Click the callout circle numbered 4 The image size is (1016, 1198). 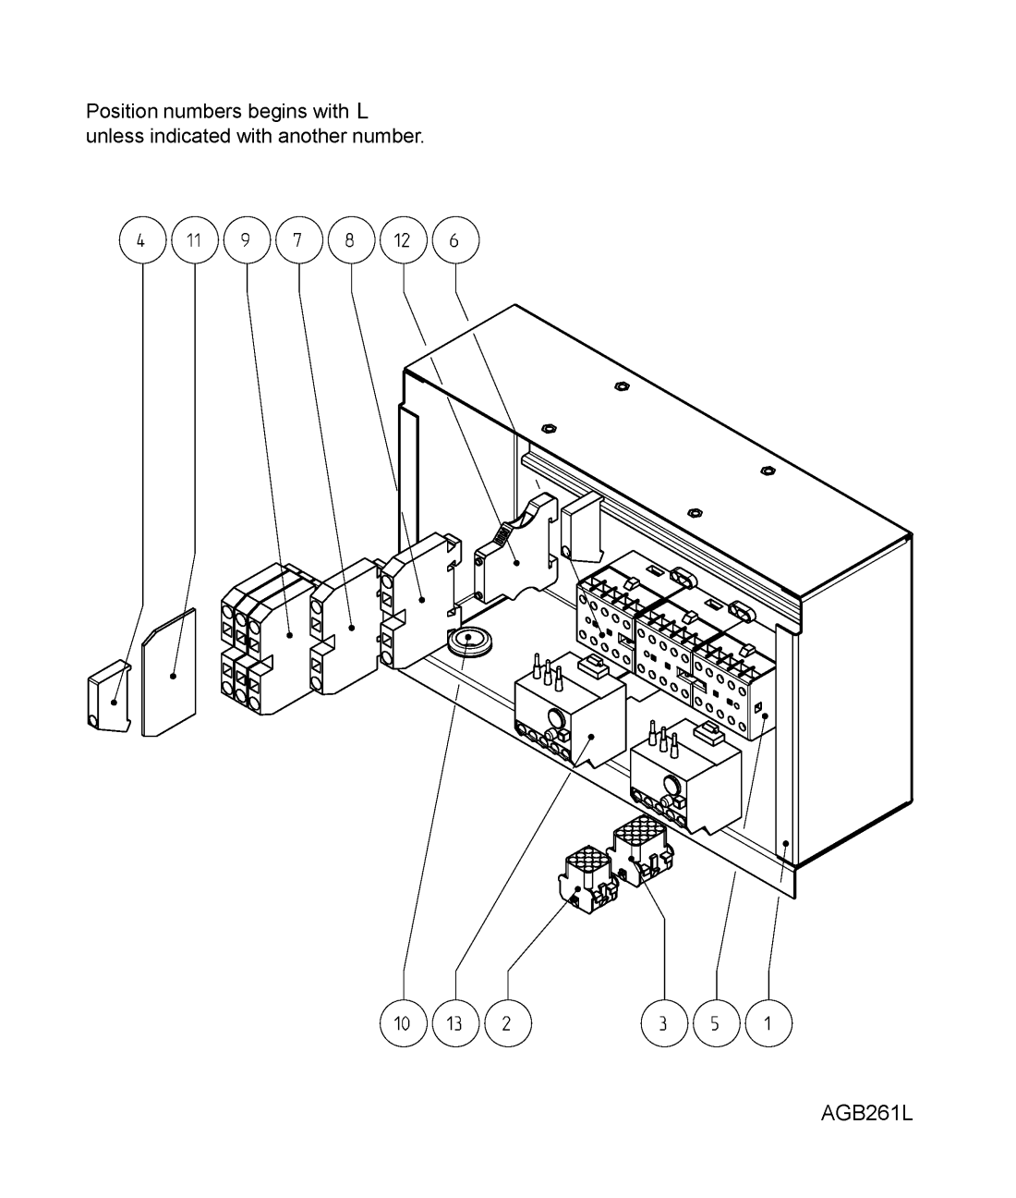142,240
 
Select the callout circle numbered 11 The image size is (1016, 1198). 195,240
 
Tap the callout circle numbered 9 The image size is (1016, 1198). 247,240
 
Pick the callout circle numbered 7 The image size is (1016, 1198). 299,240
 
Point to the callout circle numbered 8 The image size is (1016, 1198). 351,240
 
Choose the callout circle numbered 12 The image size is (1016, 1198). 403,240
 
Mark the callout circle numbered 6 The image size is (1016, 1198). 455,240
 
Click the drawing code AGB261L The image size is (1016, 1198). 866,1113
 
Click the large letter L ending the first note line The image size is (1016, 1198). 363,111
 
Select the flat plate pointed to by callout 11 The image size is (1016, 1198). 168,672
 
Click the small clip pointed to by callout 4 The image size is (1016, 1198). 110,695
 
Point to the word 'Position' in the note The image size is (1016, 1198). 121,111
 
